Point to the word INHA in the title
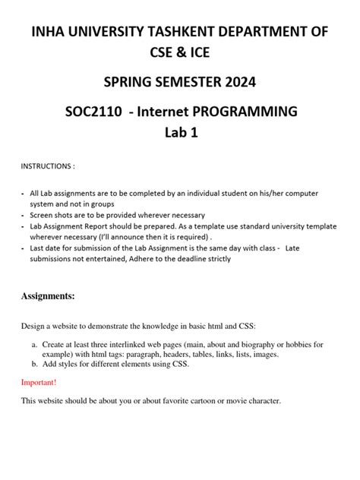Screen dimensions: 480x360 click(47, 31)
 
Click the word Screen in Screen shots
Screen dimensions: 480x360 click(44, 216)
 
